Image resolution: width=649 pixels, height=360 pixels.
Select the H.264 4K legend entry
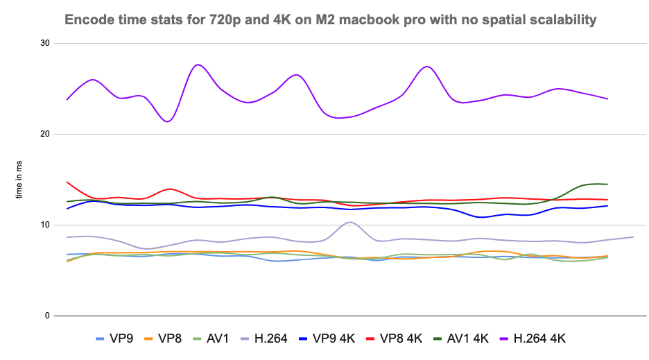(x=542, y=338)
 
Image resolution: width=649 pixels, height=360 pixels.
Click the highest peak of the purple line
(x=198, y=65)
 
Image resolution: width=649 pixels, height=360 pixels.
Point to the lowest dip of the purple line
(x=167, y=121)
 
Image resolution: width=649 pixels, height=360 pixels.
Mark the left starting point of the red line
(x=67, y=182)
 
